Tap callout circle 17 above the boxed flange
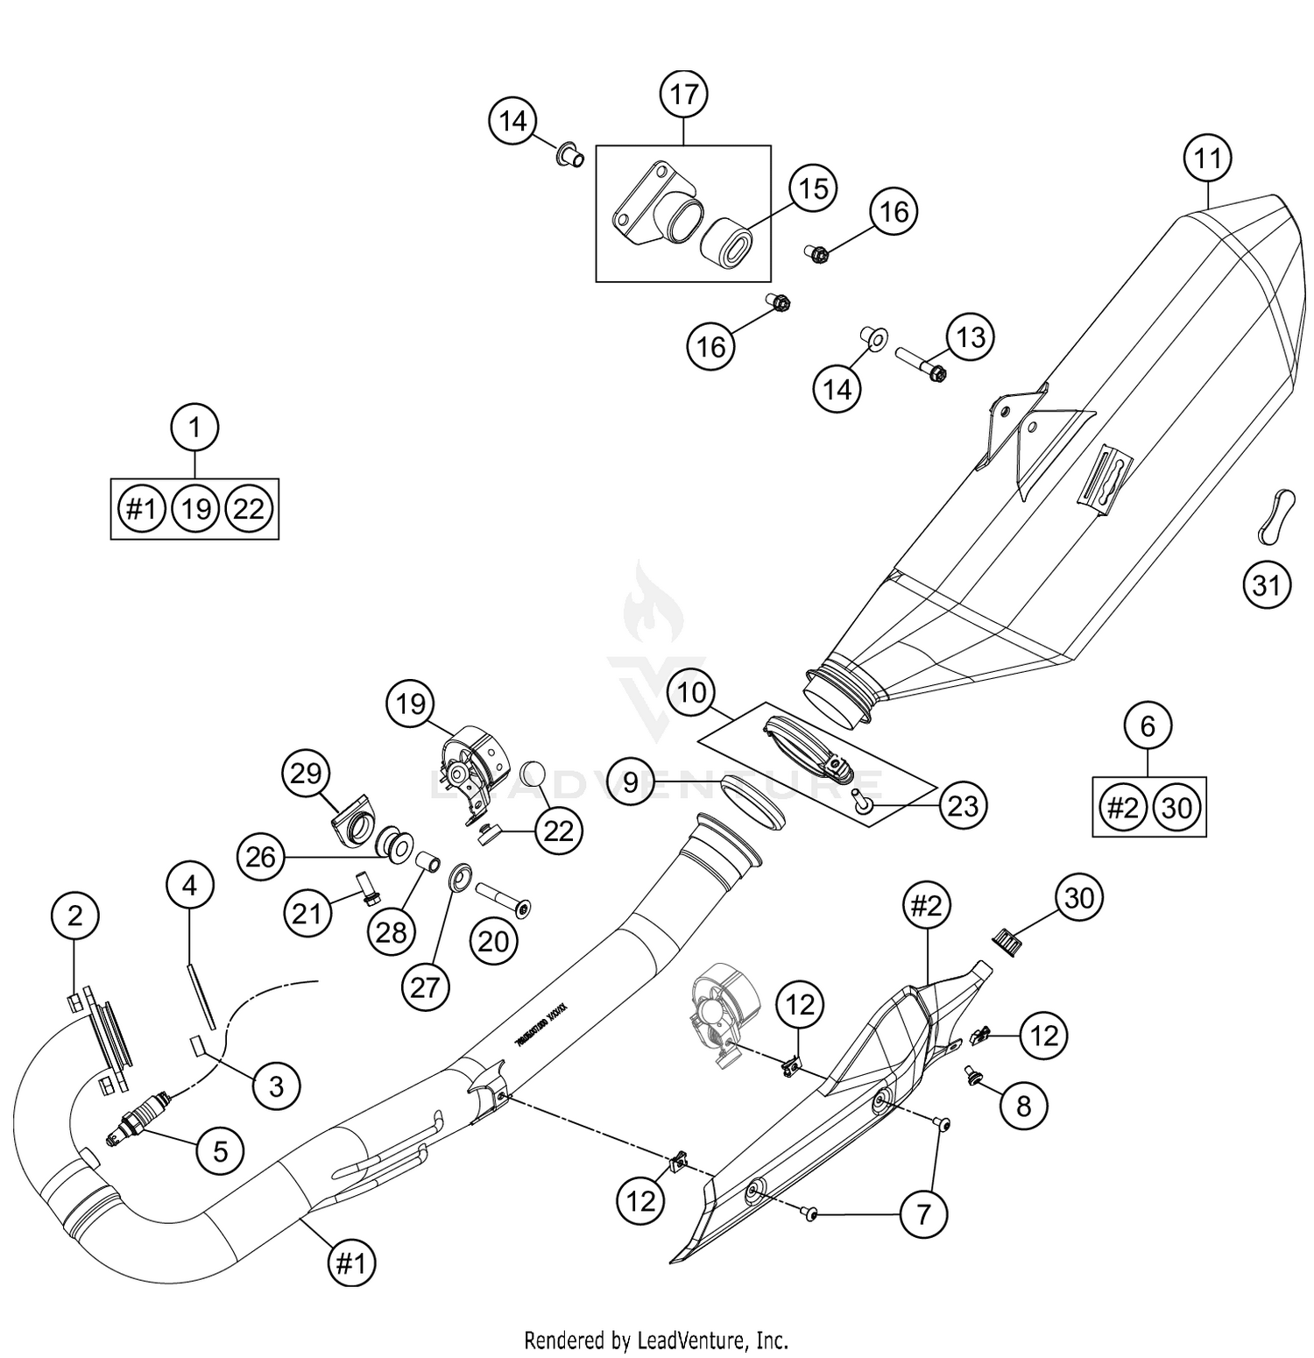tap(683, 94)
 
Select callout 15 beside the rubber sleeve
tap(813, 187)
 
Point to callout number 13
tap(971, 337)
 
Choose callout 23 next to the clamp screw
tap(963, 804)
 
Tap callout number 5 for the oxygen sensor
tap(220, 1150)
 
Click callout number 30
tap(1079, 897)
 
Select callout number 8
tap(1024, 1106)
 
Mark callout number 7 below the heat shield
tap(923, 1214)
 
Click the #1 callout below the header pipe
tap(350, 1263)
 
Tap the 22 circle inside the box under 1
tap(249, 509)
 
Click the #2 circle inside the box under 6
tap(1122, 807)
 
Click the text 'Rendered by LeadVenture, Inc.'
tap(656, 1340)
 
